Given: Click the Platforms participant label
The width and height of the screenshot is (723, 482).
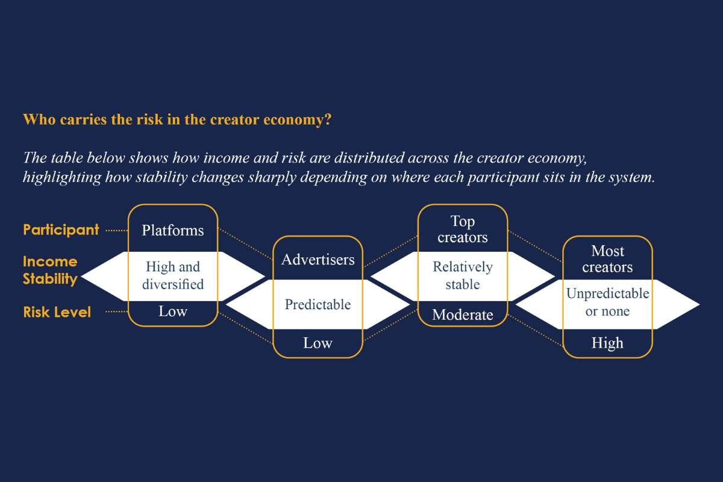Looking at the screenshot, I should point(173,230).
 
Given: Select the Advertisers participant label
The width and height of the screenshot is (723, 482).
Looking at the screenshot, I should point(318,260).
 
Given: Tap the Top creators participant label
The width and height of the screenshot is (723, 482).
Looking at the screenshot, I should point(462,230).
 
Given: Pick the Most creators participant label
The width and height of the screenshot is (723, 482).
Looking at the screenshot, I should point(607,258).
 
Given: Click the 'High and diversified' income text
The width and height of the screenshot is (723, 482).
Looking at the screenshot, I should point(173,275).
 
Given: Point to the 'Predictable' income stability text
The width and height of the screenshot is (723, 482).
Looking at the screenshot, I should point(318,304).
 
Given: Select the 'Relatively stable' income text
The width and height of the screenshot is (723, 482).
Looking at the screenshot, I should point(462,275).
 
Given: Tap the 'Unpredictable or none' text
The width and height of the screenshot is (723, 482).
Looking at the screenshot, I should point(607,302).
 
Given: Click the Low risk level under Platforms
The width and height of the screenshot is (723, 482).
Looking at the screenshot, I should point(173,311).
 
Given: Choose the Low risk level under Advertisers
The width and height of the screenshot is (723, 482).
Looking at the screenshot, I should point(318,343).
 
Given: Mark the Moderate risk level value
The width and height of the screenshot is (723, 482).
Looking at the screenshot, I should point(462,315).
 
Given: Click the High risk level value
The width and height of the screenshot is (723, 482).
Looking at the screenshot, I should point(607,343).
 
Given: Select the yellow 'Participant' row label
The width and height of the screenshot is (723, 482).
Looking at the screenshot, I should point(61,230).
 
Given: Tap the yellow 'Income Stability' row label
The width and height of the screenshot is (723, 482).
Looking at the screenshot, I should point(50,270).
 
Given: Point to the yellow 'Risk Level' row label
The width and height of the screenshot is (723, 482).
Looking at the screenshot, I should point(57,312).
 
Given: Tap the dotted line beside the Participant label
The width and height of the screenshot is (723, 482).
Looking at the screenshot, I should point(117,230).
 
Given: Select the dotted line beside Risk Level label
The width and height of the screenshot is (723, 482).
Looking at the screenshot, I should point(117,312).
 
